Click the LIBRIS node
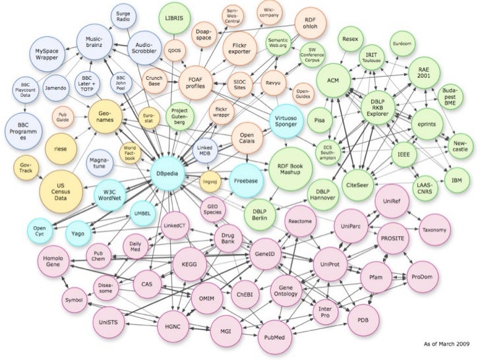[x=175, y=18]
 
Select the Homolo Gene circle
[x=56, y=263]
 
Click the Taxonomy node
[x=435, y=229]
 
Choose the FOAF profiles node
[x=198, y=84]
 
